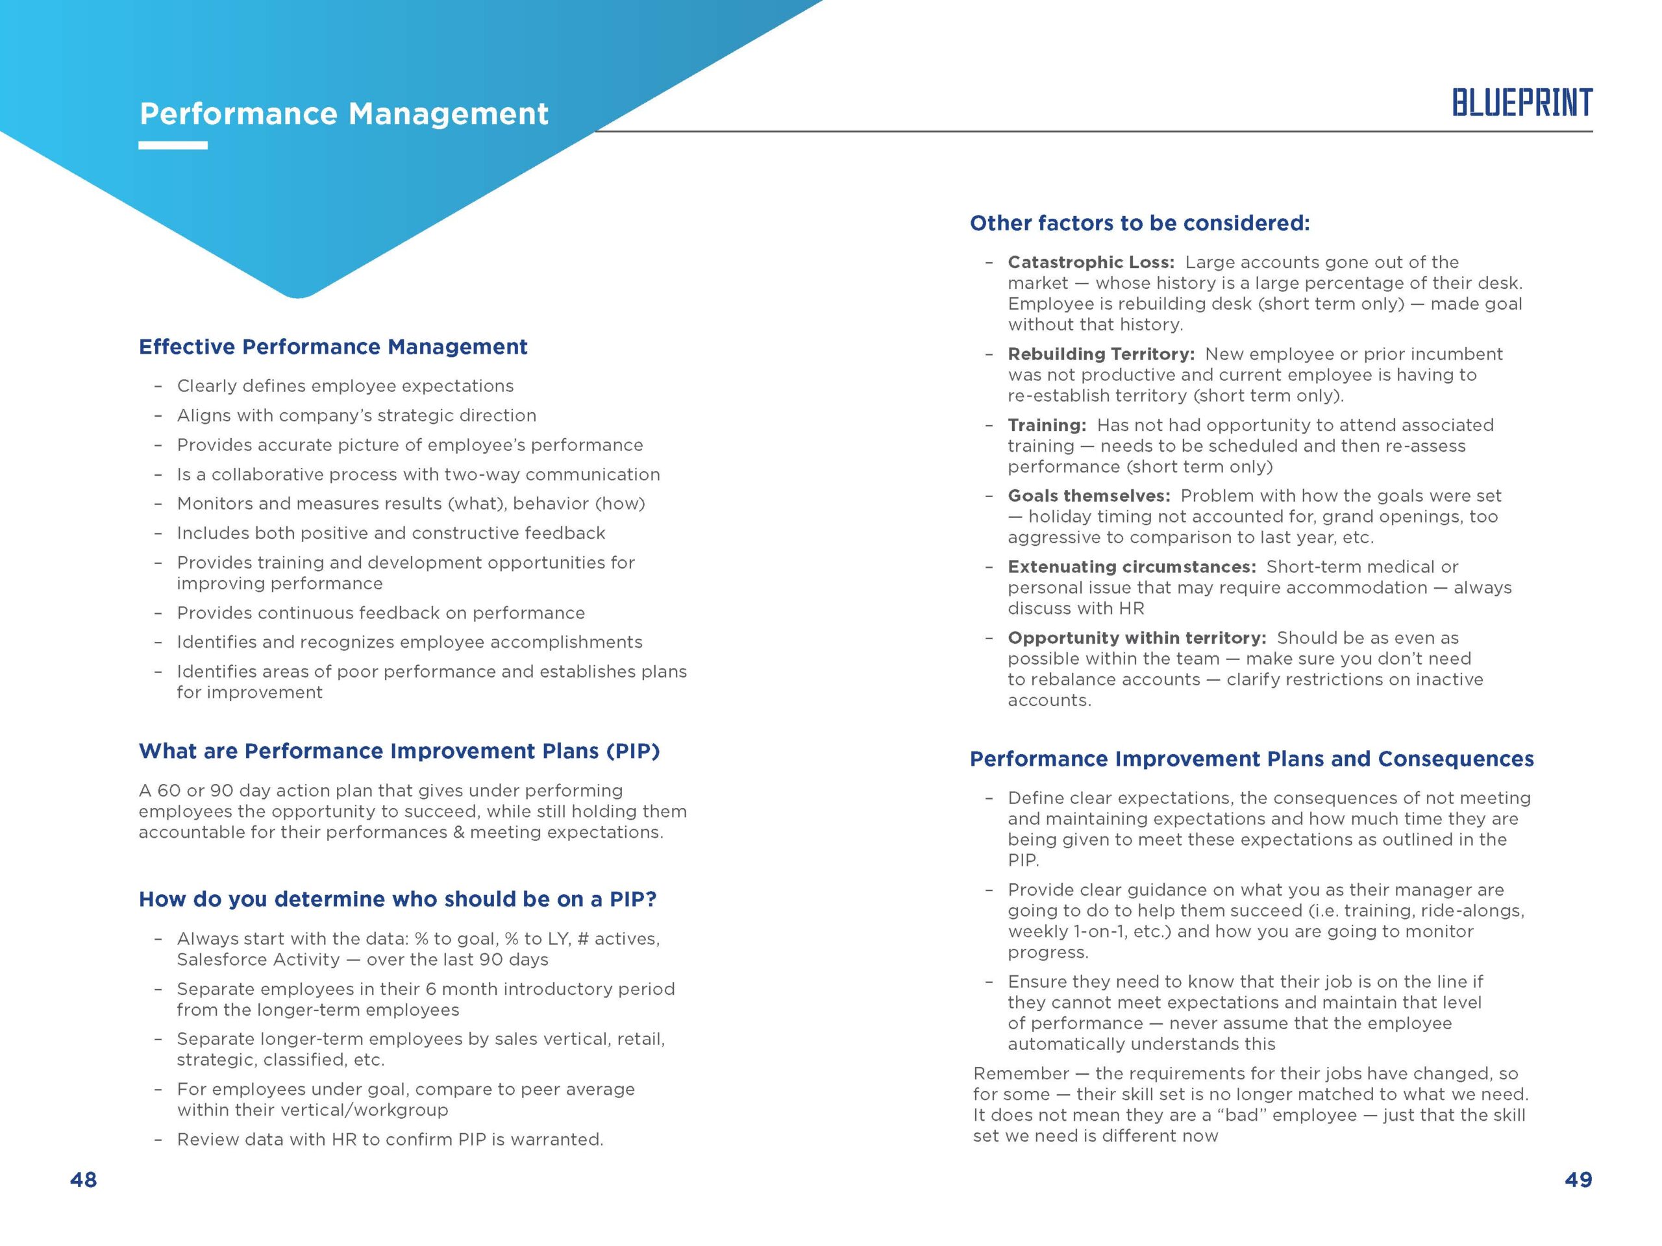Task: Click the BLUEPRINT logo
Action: click(1522, 103)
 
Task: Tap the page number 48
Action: click(83, 1179)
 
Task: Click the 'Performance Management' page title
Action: click(344, 114)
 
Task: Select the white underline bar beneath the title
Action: click(173, 146)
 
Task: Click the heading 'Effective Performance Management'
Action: click(333, 347)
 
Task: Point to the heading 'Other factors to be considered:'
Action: click(1139, 223)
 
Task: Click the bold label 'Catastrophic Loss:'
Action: click(1090, 262)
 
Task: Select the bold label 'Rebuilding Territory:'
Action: click(1100, 354)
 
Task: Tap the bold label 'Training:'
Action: click(1047, 425)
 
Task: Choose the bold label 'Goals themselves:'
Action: click(1089, 496)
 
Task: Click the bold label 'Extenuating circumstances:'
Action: click(1132, 567)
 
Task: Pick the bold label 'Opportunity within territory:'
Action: click(1137, 638)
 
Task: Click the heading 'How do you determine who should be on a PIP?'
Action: click(397, 899)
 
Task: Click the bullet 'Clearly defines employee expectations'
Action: click(345, 386)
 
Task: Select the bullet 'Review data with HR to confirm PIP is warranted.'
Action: click(390, 1140)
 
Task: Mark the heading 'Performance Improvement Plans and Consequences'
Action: click(1251, 759)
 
